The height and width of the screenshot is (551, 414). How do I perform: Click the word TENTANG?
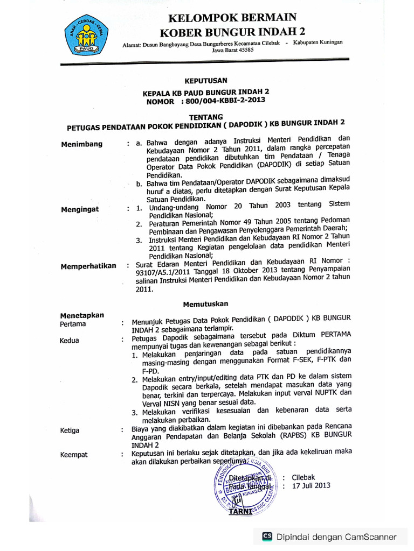[x=205, y=116]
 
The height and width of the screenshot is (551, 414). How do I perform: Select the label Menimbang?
[x=81, y=144]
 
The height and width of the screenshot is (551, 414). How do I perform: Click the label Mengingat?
[x=80, y=209]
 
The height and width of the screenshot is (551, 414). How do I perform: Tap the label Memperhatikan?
[x=88, y=266]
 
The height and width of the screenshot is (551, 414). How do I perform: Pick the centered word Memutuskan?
[x=205, y=303]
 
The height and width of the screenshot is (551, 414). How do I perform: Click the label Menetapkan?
[x=82, y=315]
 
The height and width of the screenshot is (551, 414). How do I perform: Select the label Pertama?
[x=73, y=324]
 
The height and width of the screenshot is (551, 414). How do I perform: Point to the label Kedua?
[x=70, y=340]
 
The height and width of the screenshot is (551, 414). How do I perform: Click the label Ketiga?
[x=70, y=430]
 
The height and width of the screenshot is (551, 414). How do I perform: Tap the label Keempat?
[x=74, y=455]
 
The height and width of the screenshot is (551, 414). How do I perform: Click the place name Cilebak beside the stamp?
[x=303, y=477]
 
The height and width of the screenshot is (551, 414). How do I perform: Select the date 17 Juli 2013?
[x=311, y=486]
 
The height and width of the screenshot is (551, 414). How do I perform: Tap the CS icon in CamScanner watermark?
[x=267, y=536]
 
